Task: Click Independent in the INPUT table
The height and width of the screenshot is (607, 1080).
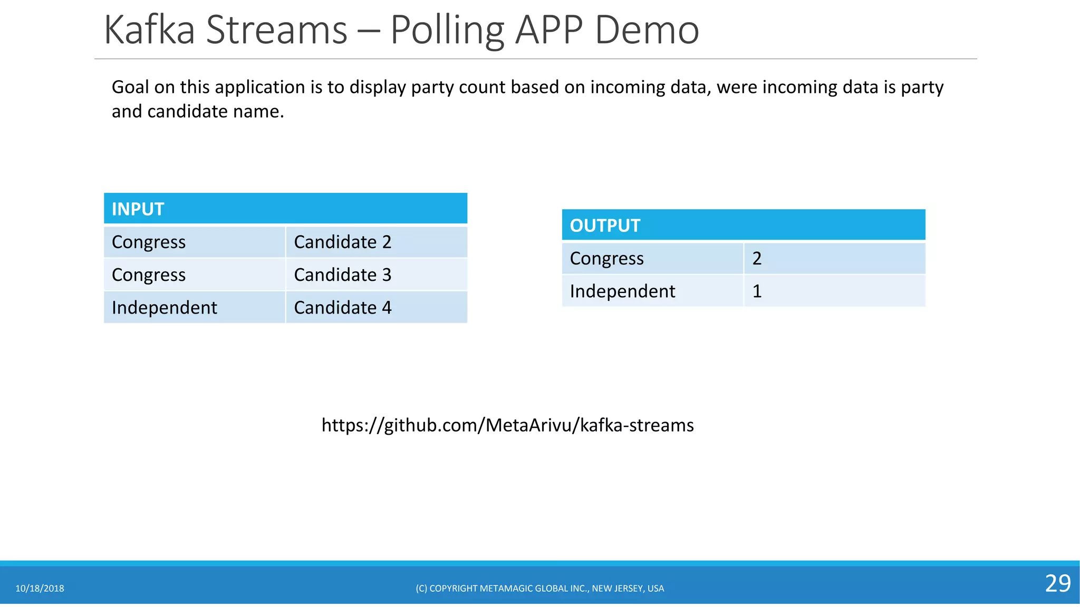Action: [164, 307]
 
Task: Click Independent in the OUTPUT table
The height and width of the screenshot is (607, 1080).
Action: [622, 291]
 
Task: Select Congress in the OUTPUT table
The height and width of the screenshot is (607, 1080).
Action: [606, 258]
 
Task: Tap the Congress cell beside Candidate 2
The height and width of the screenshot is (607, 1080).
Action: [149, 242]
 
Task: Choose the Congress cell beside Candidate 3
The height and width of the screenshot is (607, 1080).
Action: [149, 275]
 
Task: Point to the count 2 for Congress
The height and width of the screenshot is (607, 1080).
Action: [757, 258]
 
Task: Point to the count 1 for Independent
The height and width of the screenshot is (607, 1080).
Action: [757, 291]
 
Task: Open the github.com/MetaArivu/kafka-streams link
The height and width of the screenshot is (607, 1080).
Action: [507, 425]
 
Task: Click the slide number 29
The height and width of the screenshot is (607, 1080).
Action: [1057, 583]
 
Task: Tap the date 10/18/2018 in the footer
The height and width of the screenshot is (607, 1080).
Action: [40, 589]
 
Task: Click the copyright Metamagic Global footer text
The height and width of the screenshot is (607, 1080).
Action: [539, 589]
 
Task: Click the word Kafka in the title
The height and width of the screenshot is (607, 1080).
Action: [149, 30]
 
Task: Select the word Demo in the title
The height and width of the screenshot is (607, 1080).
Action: [647, 30]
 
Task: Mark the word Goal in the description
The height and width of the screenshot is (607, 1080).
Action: [130, 87]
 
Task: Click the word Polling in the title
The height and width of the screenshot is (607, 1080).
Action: [447, 31]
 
